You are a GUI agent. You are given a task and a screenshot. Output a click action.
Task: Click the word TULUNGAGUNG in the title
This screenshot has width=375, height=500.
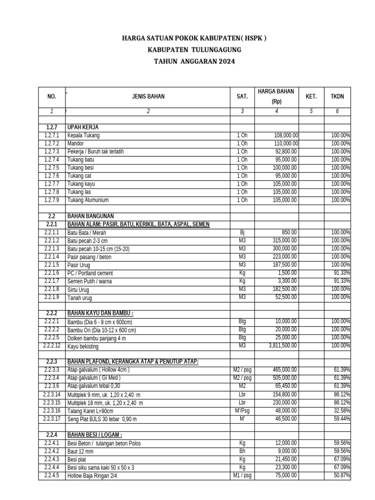coord(210,50)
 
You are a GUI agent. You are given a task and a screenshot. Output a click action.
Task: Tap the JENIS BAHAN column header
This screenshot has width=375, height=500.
coord(148,97)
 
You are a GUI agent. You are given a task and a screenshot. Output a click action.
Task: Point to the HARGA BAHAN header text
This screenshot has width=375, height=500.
coord(276,91)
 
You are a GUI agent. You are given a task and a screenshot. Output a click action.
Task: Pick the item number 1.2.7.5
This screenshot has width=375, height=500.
coord(51,168)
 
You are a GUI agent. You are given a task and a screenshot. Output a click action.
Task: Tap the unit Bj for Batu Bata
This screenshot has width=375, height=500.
coord(242,232)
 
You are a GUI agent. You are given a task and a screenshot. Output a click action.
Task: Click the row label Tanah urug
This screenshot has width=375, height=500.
coord(80,297)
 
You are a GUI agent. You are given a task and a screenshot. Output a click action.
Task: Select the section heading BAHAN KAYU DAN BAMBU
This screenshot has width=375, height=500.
coord(100,313)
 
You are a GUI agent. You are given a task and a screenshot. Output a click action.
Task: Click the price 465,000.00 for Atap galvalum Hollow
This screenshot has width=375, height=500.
coord(286,370)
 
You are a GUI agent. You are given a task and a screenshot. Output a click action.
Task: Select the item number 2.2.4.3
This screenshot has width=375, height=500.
coord(51,458)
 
